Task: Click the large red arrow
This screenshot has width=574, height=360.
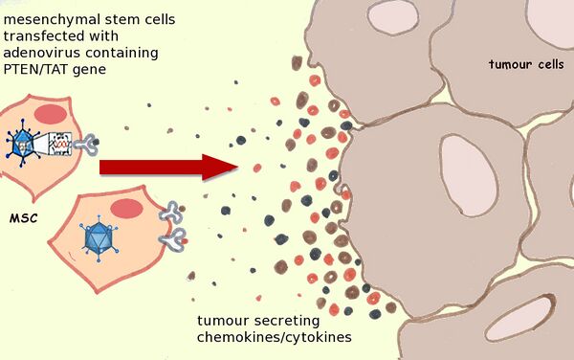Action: (168, 168)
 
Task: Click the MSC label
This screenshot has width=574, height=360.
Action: (24, 218)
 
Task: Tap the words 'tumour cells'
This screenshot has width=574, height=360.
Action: (526, 64)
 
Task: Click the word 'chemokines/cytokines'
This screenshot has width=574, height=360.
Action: (275, 337)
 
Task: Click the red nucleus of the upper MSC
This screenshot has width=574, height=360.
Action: (51, 114)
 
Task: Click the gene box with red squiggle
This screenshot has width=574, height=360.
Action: (61, 144)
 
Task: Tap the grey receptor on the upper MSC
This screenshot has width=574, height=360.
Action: (86, 145)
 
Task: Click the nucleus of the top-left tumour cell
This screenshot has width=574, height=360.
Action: (393, 17)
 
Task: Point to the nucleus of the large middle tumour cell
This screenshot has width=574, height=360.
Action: (469, 174)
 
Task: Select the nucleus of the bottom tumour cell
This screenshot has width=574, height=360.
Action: (520, 319)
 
